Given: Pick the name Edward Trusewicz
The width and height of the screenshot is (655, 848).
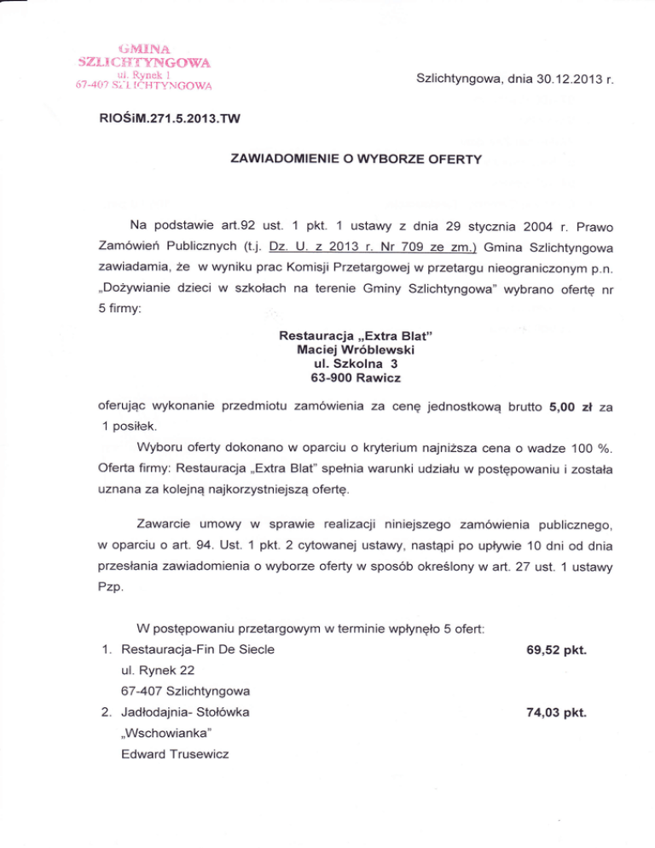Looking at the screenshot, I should click(179, 756).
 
